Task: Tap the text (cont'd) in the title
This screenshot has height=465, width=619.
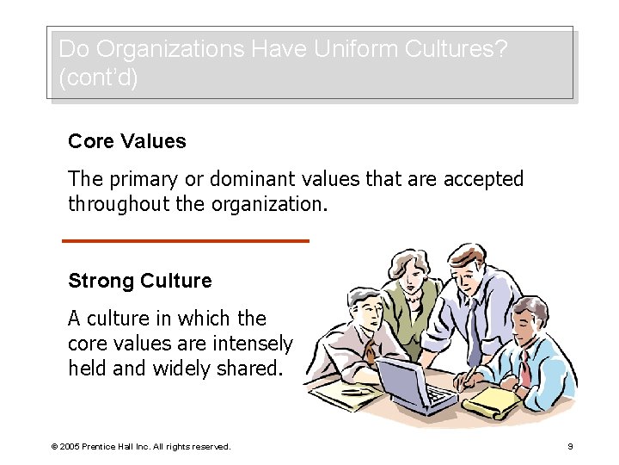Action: pyautogui.click(x=98, y=77)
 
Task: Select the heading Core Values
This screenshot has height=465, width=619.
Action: pyautogui.click(x=127, y=141)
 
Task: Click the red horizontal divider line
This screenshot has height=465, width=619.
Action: pyautogui.click(x=186, y=240)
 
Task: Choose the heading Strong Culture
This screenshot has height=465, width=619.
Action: pyautogui.click(x=139, y=282)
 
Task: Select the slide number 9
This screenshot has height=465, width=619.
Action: pyautogui.click(x=571, y=447)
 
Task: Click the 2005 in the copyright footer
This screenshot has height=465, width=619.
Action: pyautogui.click(x=70, y=447)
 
